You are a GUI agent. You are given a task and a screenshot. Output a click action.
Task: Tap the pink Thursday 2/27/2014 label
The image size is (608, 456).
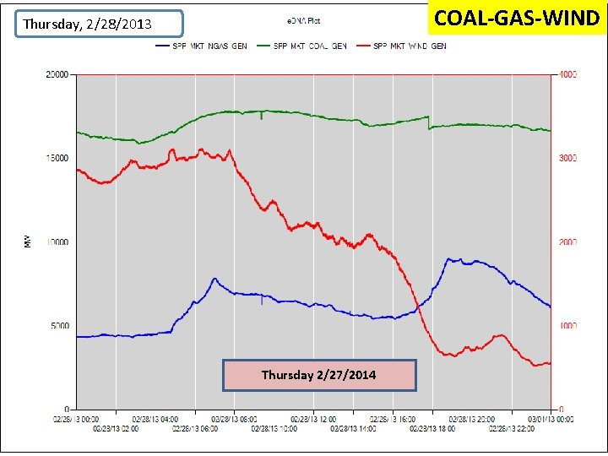(319, 375)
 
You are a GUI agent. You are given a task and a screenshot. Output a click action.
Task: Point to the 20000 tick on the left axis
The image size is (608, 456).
(57, 75)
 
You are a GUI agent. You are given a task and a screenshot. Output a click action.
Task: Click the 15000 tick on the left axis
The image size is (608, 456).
(57, 159)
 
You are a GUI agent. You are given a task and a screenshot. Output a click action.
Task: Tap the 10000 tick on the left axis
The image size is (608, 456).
(57, 242)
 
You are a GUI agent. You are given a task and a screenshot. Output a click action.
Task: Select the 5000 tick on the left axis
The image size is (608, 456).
(60, 326)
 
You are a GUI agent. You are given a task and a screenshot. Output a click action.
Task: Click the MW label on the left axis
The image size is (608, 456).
(27, 242)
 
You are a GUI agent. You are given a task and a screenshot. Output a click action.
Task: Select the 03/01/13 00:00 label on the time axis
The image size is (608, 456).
(551, 418)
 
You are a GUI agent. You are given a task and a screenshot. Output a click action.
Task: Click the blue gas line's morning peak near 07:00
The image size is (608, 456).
(214, 279)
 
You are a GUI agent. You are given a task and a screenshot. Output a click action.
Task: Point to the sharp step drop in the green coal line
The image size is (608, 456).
(429, 122)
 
